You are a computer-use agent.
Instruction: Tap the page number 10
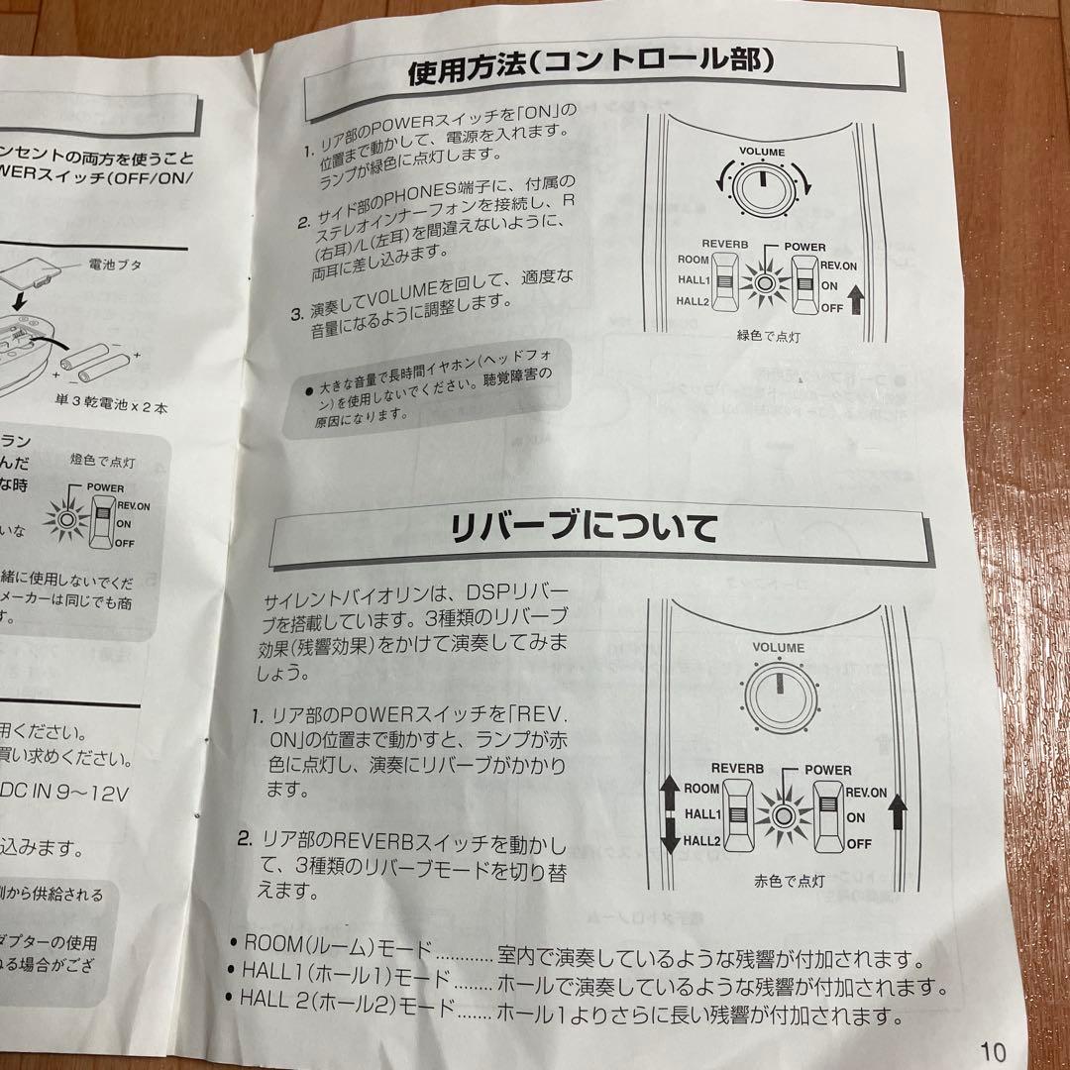tap(994, 1050)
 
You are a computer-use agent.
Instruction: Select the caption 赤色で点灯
tap(784, 879)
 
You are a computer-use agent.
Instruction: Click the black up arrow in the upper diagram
tap(857, 296)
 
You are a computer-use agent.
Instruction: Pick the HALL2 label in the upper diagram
tap(694, 302)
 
